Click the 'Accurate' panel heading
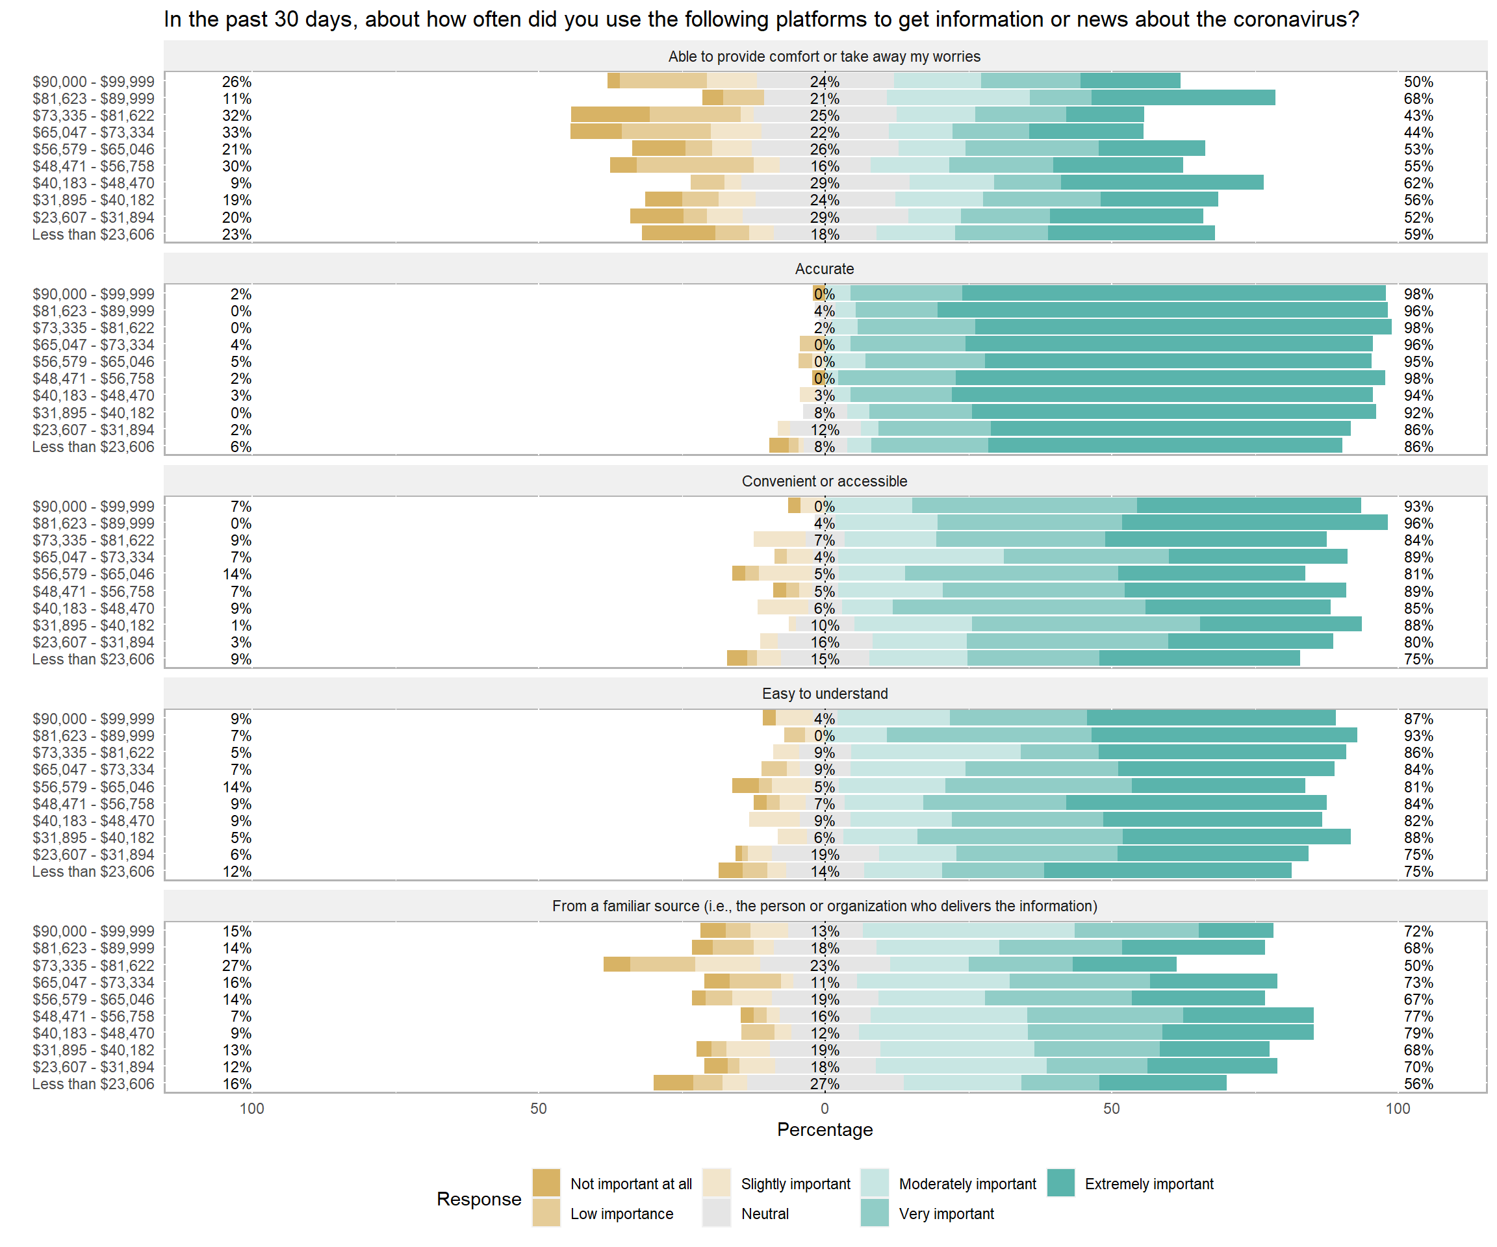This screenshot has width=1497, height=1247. point(824,269)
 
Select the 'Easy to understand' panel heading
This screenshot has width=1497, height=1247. point(824,694)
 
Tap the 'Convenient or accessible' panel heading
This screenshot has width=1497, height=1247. point(824,481)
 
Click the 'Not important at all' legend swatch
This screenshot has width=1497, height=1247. point(546,1183)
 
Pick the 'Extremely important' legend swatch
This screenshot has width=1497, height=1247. point(1061,1183)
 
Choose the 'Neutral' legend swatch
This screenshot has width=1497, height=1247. point(716,1213)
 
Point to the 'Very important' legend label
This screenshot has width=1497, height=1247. point(946,1213)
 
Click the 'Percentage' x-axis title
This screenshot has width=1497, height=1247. point(825,1129)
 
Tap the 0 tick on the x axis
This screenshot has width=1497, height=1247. point(825,1108)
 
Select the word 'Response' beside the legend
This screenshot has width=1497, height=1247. point(479,1198)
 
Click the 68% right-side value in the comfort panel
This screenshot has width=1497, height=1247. point(1418,98)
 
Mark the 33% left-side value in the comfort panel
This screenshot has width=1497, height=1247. point(237,132)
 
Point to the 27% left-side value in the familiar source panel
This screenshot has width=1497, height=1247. point(237,966)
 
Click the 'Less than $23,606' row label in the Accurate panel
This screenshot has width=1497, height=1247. point(93,447)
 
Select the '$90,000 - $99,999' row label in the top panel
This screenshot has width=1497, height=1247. point(93,82)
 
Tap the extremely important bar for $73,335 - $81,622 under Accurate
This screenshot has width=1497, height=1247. point(1183,327)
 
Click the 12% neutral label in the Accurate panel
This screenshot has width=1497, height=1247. point(825,430)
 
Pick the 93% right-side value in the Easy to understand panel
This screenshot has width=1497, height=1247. point(1418,735)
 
